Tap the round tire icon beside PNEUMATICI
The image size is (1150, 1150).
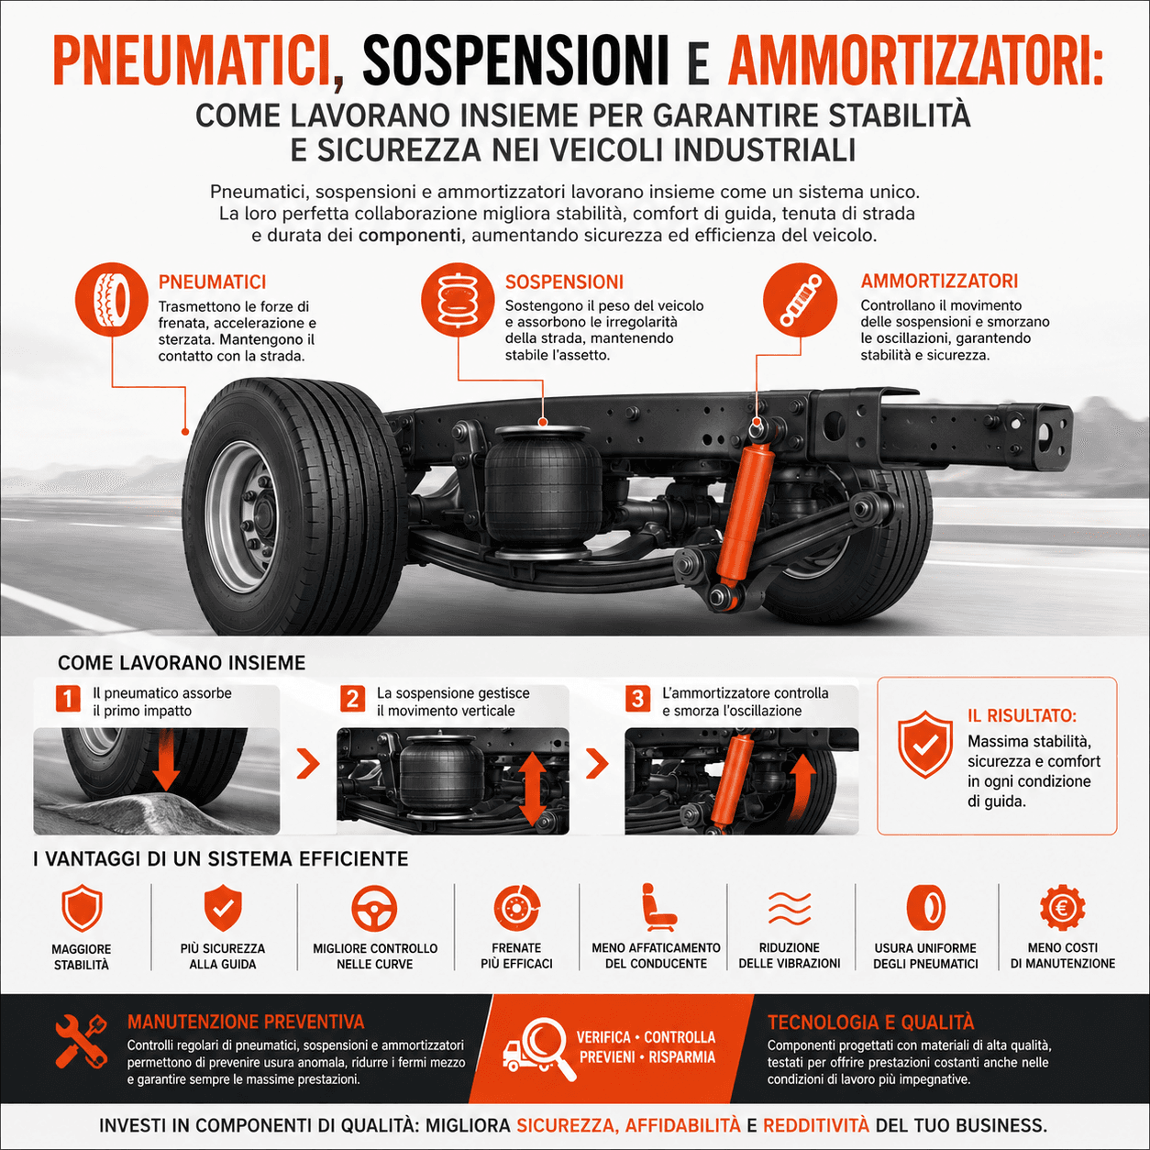tap(112, 300)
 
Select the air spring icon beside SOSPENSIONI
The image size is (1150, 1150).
tap(458, 299)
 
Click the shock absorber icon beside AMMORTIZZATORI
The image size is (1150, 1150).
tap(801, 299)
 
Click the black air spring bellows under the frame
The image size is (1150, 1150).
tap(543, 492)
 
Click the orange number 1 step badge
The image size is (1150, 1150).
tap(68, 698)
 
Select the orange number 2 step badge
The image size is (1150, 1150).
tap(353, 698)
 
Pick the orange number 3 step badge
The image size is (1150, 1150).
tap(638, 698)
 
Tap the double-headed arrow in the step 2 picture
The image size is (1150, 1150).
tap(532, 789)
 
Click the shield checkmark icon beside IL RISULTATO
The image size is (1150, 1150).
tap(925, 744)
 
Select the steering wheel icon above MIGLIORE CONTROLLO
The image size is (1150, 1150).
tap(374, 909)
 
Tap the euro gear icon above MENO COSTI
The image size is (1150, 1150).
tap(1062, 908)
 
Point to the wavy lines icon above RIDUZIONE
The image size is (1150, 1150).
tap(790, 908)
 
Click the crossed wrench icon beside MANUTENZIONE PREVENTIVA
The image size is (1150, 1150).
tap(82, 1042)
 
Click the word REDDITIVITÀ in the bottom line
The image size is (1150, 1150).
tap(816, 1125)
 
